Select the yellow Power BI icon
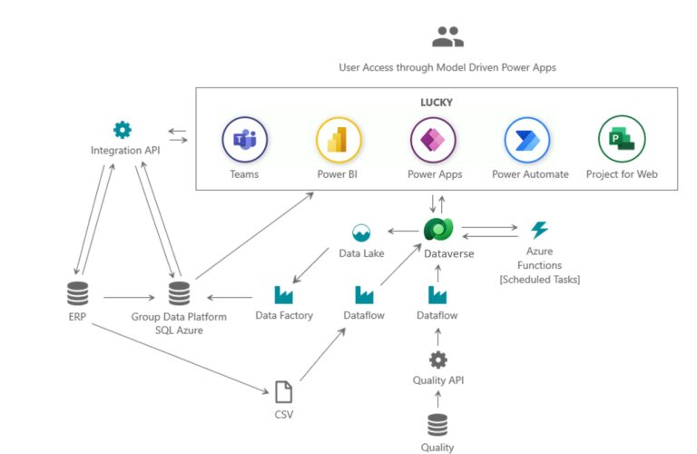(x=339, y=140)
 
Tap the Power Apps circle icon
(x=433, y=140)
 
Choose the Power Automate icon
(x=527, y=140)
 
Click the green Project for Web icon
(x=622, y=140)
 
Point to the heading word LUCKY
(x=437, y=103)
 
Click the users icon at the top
(x=447, y=37)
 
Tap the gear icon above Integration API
(x=123, y=130)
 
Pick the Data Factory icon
(x=283, y=294)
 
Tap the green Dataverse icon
(x=437, y=231)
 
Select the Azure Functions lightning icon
(x=540, y=230)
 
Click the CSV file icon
(x=284, y=391)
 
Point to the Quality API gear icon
(x=437, y=360)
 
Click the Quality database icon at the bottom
(x=437, y=424)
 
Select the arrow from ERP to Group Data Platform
(x=129, y=296)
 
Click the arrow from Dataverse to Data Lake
(x=398, y=232)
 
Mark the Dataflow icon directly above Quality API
(x=437, y=294)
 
